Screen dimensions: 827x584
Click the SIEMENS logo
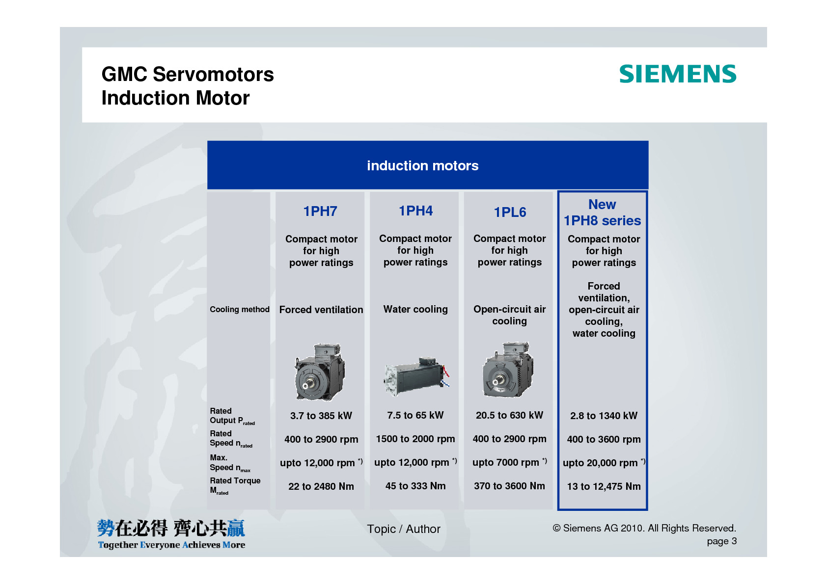pyautogui.click(x=678, y=74)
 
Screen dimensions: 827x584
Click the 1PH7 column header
pyautogui.click(x=320, y=212)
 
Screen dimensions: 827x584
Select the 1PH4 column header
pyautogui.click(x=416, y=211)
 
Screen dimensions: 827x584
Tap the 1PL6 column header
pyautogui.click(x=510, y=212)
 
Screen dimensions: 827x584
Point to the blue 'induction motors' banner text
pyautogui.click(x=422, y=166)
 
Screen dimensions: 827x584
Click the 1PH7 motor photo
pyautogui.click(x=320, y=372)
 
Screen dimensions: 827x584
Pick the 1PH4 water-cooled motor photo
pyautogui.click(x=416, y=376)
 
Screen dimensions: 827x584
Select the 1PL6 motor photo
pyautogui.click(x=508, y=370)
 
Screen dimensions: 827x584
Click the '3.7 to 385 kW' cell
pyautogui.click(x=321, y=416)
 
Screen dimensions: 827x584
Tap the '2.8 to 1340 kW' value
pyautogui.click(x=604, y=416)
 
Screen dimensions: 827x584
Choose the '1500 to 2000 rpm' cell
pyautogui.click(x=415, y=439)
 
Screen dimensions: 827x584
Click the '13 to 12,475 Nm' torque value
pyautogui.click(x=604, y=487)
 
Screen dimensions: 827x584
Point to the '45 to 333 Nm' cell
pyautogui.click(x=415, y=486)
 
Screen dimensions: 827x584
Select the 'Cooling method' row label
pyautogui.click(x=240, y=310)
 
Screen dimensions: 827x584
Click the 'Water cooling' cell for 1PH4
pyautogui.click(x=415, y=309)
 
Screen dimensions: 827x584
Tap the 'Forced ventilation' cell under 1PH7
pyautogui.click(x=321, y=310)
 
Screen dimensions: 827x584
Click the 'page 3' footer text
pyautogui.click(x=722, y=541)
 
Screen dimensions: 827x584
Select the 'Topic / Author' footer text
pyautogui.click(x=404, y=529)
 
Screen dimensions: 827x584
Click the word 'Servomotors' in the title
pyautogui.click(x=213, y=74)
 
